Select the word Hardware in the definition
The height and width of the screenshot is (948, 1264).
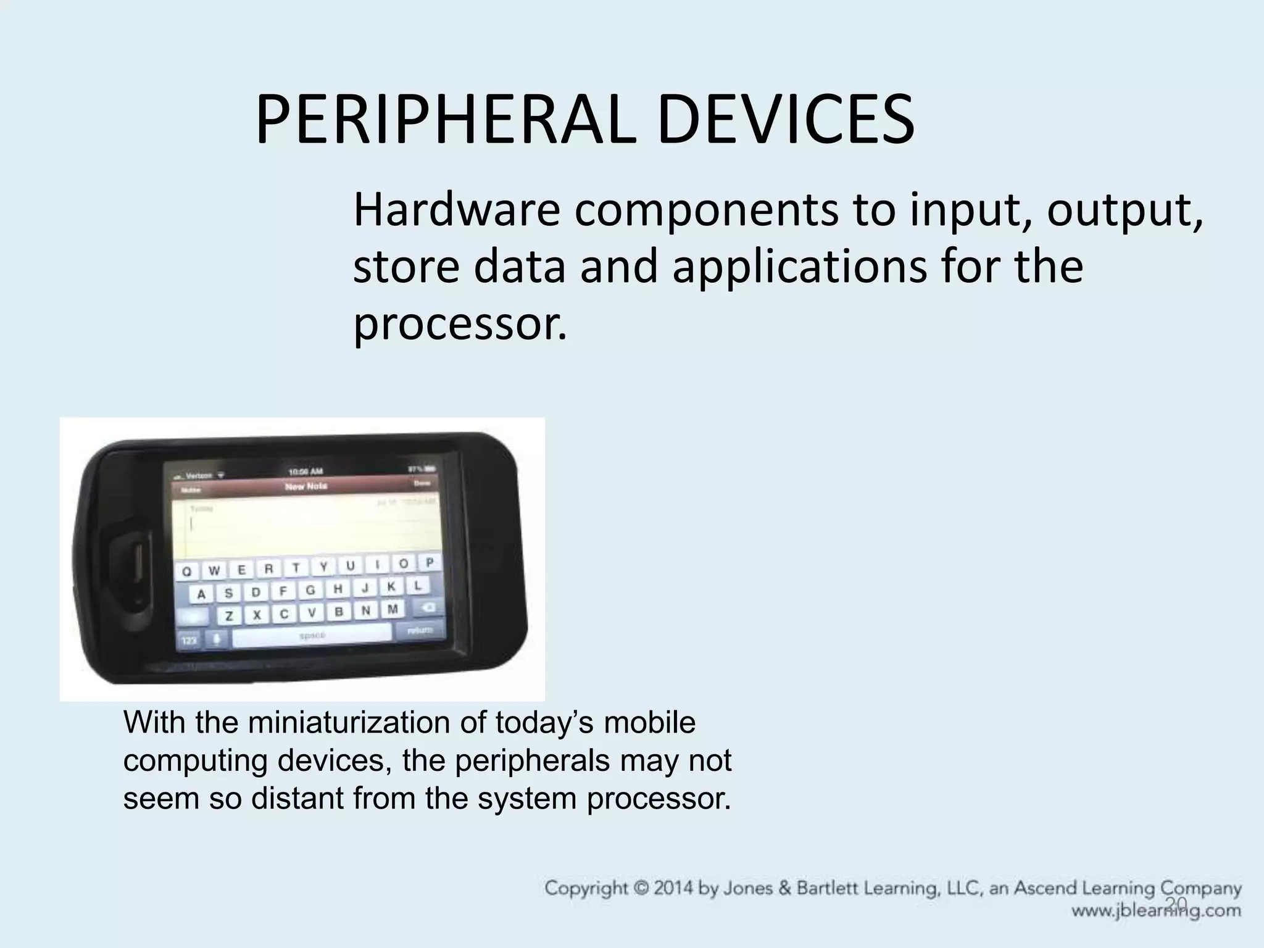[x=456, y=210]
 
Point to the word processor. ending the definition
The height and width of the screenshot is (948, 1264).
[x=459, y=325]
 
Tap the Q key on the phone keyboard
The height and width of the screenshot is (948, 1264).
[x=186, y=572]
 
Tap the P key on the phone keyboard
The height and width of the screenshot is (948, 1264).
[x=429, y=562]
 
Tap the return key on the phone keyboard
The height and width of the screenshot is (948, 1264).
[x=421, y=630]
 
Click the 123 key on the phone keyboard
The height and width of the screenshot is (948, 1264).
[x=189, y=641]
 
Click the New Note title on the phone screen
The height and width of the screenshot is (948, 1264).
[x=306, y=486]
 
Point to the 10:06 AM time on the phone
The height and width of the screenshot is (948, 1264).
[x=306, y=472]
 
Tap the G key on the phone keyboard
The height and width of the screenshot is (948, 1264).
[x=310, y=591]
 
